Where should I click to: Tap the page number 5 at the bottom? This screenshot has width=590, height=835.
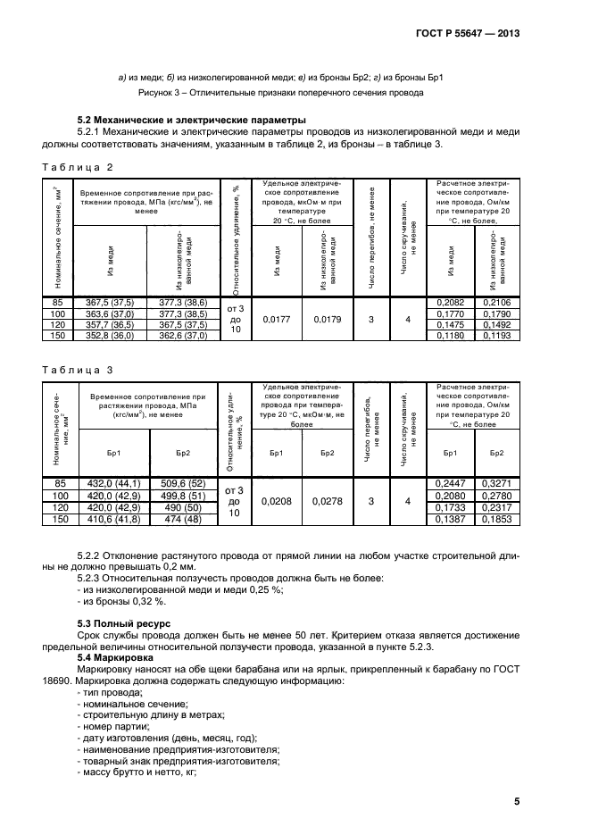click(x=517, y=801)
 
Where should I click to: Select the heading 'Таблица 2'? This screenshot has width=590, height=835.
click(x=79, y=167)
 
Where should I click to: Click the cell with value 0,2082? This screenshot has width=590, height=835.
click(x=452, y=304)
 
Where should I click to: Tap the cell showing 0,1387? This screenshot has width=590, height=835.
click(x=452, y=518)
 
